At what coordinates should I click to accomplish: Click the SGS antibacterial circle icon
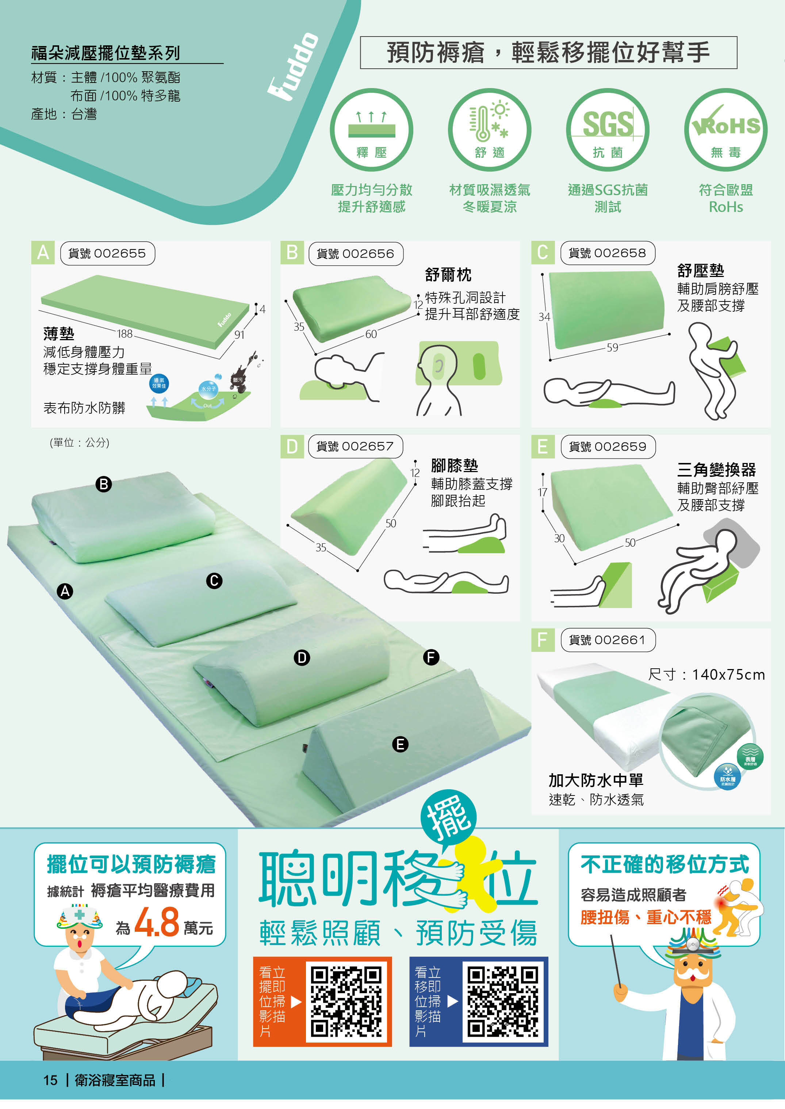coord(607,130)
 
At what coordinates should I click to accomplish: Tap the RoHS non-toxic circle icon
coord(725,130)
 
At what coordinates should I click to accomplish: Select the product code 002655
coord(107,254)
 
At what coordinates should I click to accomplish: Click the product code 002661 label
coord(608,640)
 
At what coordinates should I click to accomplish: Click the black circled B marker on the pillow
coord(103,484)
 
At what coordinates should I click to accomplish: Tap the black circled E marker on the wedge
coord(400,744)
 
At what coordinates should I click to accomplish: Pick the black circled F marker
coord(431,657)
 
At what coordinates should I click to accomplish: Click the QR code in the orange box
coord(346,1002)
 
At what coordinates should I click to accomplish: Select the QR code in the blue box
coord(502,1002)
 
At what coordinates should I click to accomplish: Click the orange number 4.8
coord(157,922)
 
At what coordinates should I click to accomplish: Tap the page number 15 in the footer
coord(50,1080)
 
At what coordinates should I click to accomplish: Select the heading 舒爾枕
coord(448,275)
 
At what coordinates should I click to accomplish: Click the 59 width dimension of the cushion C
coord(612,347)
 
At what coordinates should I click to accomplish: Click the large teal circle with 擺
coord(449,818)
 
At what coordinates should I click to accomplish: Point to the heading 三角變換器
coord(716,469)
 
